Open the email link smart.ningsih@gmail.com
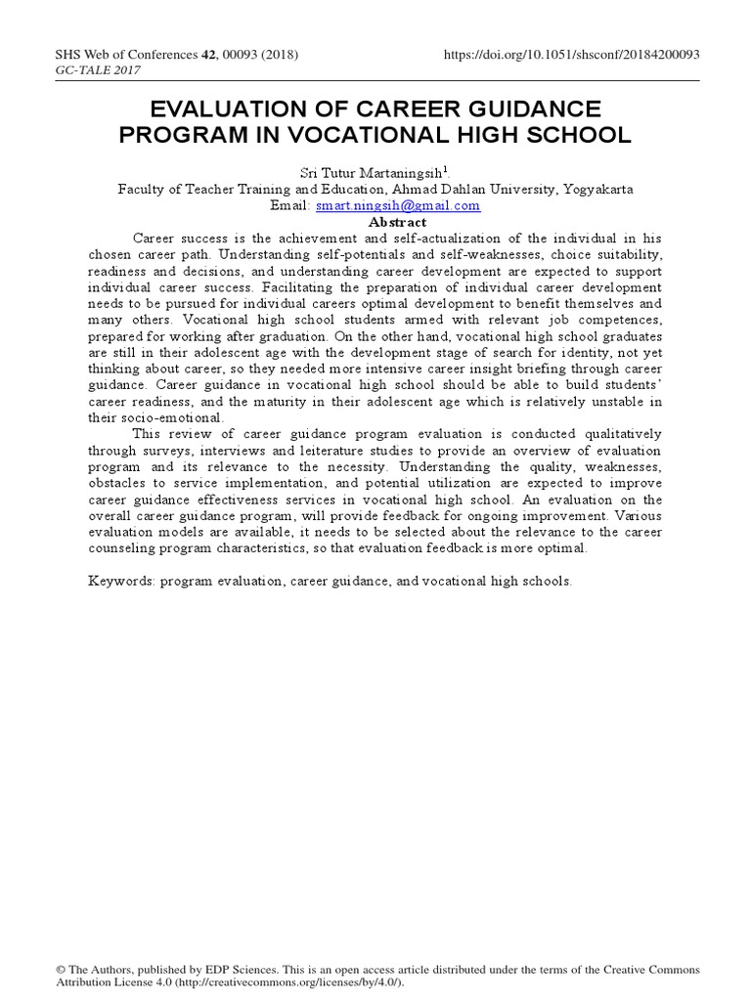pyautogui.click(x=398, y=206)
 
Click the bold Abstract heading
pyautogui.click(x=375, y=222)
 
